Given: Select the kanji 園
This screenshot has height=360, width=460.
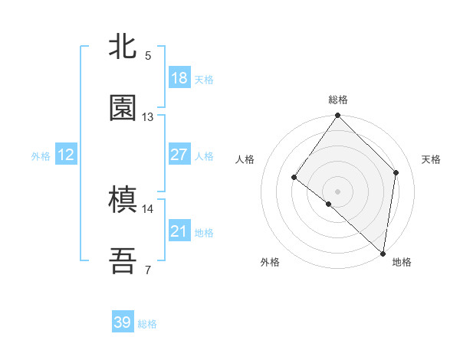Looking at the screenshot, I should coord(123,109).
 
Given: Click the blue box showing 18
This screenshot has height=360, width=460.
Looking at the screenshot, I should coord(179,78).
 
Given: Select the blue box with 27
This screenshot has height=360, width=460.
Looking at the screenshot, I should coord(179,155).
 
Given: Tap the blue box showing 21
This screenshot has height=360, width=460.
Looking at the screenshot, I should coord(179,231).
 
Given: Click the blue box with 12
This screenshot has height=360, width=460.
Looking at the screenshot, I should coord(66,155).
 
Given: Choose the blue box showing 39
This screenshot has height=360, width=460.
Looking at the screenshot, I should coord(123,322).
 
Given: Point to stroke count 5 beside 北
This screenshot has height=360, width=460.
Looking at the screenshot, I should coord(148,55).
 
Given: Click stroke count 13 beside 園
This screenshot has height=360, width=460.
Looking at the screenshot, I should coord(148,116).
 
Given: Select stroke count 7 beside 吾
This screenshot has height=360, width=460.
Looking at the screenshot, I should coord(148,270).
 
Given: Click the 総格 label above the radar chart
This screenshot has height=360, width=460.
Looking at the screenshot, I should coord(338,100).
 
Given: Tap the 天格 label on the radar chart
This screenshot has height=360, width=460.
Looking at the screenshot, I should coord(432,159).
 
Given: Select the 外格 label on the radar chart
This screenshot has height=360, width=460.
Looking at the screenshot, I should coord(270,263).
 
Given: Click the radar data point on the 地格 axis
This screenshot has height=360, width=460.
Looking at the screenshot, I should coord(383,253).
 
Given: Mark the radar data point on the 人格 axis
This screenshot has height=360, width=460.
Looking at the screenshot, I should coord(294,178).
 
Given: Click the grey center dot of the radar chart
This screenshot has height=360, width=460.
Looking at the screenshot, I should coord(338,191).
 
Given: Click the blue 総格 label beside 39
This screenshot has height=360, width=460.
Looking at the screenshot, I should coord(148,324).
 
